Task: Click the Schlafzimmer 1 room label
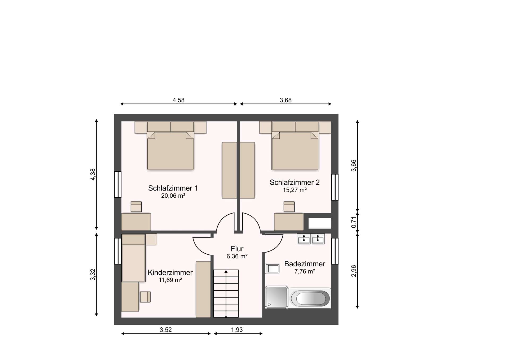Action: pyautogui.click(x=173, y=188)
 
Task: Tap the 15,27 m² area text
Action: pyautogui.click(x=295, y=190)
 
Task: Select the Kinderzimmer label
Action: pyautogui.click(x=170, y=272)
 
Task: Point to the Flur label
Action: pyautogui.click(x=237, y=249)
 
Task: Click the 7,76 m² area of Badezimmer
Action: pyautogui.click(x=305, y=271)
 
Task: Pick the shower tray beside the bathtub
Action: pyautogui.click(x=277, y=297)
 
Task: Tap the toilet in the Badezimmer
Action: pyautogui.click(x=272, y=269)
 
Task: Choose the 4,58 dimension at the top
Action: pyautogui.click(x=178, y=100)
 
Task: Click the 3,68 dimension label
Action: pyautogui.click(x=286, y=100)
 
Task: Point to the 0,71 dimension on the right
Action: pyautogui.click(x=354, y=222)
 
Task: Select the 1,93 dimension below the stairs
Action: pyautogui.click(x=237, y=330)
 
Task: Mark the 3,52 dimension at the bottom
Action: pyautogui.click(x=166, y=330)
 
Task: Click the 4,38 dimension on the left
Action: pyautogui.click(x=93, y=175)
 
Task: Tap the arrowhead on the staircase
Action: pyautogui.click(x=226, y=271)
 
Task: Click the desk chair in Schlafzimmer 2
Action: pyautogui.click(x=289, y=207)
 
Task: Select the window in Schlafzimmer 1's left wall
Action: pyautogui.click(x=118, y=185)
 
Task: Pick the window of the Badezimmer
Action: pyautogui.click(x=335, y=251)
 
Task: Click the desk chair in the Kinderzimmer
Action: pyautogui.click(x=145, y=297)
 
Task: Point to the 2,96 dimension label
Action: pyautogui.click(x=354, y=271)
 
